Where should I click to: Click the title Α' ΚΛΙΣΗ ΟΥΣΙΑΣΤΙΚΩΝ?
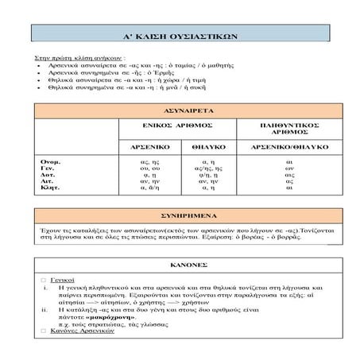(x=180, y=37)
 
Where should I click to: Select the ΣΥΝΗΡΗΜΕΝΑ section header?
(x=180, y=215)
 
